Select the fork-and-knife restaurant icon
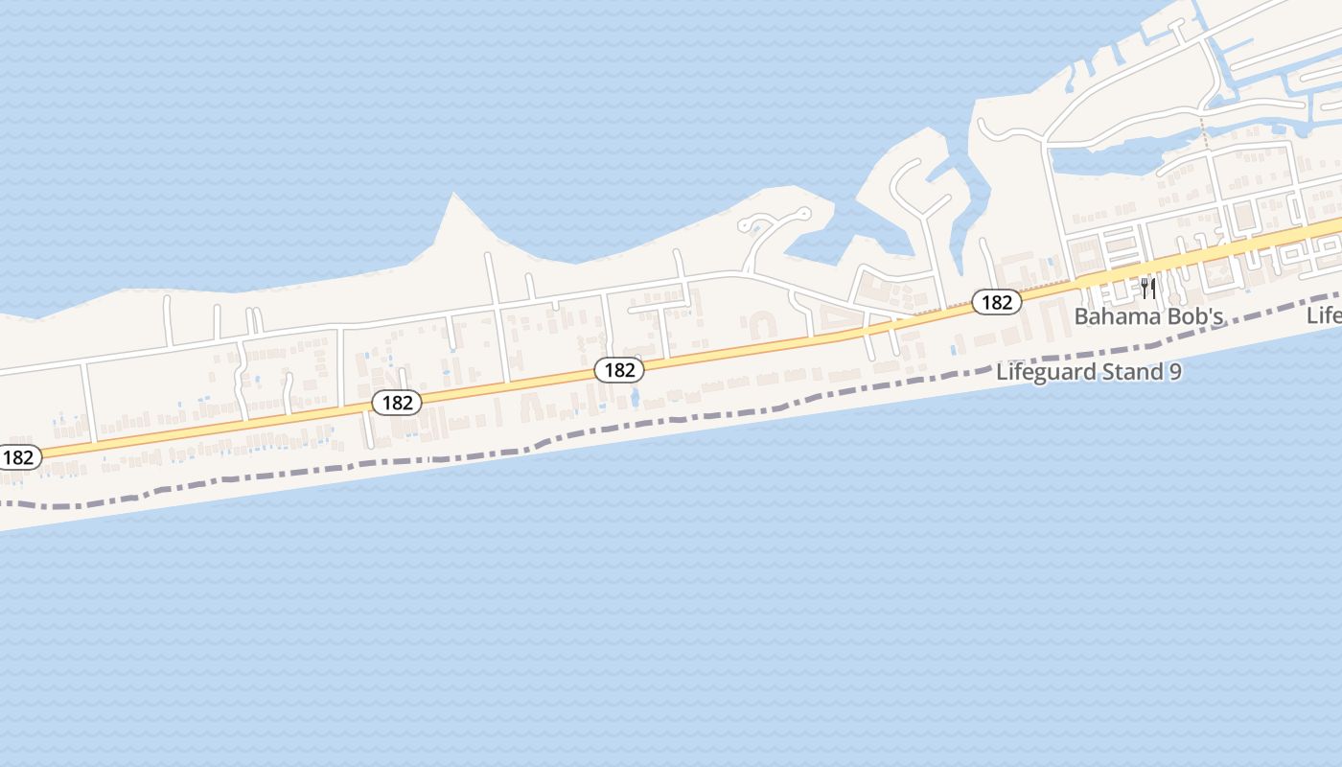click(x=1148, y=288)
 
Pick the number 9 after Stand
click(x=1175, y=372)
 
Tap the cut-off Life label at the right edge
click(x=1325, y=315)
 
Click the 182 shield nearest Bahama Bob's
click(x=997, y=302)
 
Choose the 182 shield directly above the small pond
click(x=619, y=370)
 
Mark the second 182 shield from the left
click(x=397, y=403)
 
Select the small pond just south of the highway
click(x=634, y=395)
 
